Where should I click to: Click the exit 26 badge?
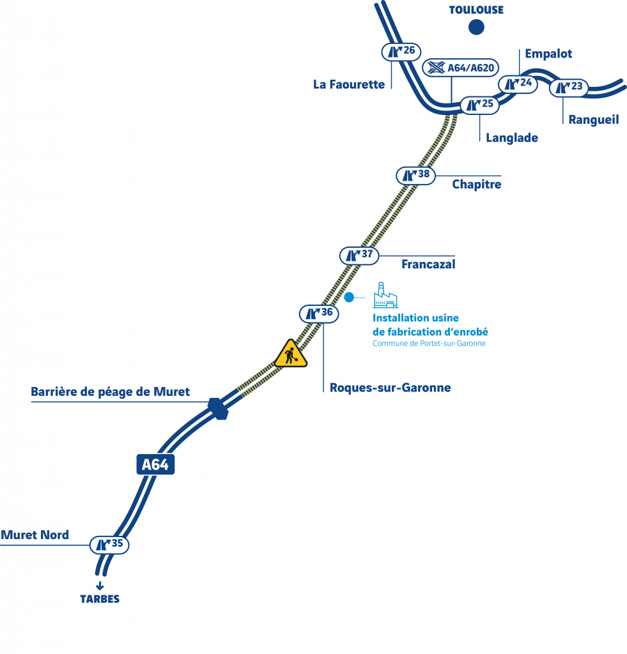[401, 52]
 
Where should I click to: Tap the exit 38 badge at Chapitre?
[416, 176]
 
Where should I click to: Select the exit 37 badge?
[359, 255]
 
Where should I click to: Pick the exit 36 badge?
[319, 314]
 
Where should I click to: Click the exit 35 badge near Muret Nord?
[109, 545]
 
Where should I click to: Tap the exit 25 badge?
[479, 105]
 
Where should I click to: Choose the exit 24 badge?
[518, 84]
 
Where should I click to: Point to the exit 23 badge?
[569, 87]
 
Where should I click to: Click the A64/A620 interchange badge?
[460, 68]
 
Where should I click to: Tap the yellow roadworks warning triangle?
[291, 354]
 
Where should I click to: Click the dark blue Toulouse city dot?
[476, 27]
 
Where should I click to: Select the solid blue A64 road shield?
[155, 464]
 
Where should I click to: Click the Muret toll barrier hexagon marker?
[218, 409]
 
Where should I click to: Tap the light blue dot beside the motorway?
[349, 297]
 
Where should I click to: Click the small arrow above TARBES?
[100, 586]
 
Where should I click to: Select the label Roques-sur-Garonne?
[391, 388]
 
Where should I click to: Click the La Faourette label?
[349, 85]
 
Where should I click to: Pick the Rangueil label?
[594, 120]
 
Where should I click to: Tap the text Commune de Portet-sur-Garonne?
[429, 343]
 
